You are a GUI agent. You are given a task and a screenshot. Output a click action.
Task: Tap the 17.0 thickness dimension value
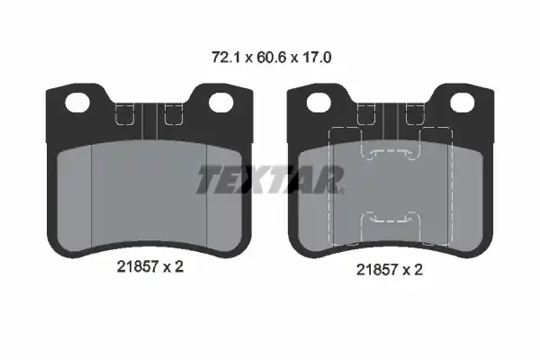(317, 58)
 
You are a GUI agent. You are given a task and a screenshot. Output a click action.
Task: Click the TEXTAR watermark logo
(270, 179)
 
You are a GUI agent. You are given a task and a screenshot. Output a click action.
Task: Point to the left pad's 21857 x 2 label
(150, 266)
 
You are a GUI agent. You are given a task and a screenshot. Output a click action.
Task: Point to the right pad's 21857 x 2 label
(390, 269)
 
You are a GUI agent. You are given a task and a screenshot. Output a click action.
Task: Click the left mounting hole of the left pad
(77, 103)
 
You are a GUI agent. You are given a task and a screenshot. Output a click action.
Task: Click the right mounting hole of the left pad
(221, 103)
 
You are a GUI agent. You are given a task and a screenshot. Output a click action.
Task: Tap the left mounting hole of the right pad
(319, 103)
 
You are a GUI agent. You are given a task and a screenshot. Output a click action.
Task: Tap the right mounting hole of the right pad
(463, 103)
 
